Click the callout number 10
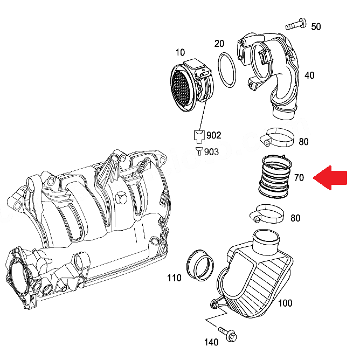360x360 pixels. tap(180, 52)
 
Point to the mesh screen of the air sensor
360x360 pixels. tap(183, 88)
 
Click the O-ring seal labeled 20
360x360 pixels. tap(229, 70)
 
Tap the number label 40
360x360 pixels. tap(309, 75)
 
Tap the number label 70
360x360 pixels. tap(299, 177)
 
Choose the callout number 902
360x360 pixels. tap(213, 135)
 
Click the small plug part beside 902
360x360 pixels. tap(199, 135)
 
